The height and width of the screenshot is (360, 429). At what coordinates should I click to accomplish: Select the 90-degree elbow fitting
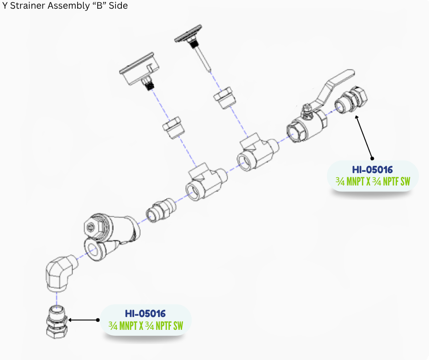click(x=60, y=274)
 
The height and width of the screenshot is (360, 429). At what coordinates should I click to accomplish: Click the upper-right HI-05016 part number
click(x=372, y=170)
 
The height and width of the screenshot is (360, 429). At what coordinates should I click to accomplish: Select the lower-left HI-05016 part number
click(x=145, y=314)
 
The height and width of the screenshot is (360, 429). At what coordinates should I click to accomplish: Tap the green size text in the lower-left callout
click(x=145, y=326)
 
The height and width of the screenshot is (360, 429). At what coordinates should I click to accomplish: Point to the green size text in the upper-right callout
click(x=372, y=182)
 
